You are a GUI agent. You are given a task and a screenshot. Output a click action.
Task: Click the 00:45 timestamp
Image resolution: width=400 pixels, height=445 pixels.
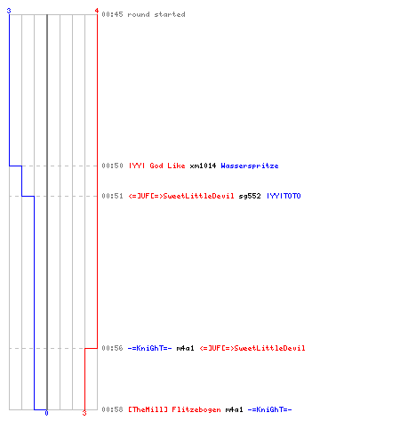112,14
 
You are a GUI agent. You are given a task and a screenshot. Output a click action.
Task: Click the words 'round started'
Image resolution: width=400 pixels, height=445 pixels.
156,14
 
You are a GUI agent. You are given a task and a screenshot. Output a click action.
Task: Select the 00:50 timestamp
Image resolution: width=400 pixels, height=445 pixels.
112,166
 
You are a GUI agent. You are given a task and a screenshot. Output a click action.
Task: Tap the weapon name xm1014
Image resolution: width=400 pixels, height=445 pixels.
203,166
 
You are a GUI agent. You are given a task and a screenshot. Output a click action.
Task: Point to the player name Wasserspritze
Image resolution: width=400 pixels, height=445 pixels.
250,166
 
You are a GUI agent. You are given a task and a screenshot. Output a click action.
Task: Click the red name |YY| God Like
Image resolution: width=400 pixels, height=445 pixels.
156,166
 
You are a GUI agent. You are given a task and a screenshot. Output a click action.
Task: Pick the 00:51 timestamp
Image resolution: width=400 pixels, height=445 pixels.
112,196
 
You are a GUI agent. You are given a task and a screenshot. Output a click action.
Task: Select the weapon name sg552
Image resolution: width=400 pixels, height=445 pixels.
250,196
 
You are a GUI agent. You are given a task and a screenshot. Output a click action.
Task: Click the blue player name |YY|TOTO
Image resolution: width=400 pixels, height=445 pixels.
284,196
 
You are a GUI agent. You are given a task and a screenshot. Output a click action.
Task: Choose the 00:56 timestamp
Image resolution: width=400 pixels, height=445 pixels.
112,348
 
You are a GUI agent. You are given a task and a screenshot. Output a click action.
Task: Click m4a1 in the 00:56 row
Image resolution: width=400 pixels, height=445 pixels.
185,348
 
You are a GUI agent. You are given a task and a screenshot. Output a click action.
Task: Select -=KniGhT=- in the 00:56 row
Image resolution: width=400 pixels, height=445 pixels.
149,348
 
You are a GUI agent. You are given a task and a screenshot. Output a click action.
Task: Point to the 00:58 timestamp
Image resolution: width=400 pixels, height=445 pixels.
112,409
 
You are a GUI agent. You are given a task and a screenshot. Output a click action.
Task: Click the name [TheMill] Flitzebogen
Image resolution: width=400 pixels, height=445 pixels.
174,409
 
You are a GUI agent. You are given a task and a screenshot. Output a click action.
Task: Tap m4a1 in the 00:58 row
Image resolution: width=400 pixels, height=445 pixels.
234,409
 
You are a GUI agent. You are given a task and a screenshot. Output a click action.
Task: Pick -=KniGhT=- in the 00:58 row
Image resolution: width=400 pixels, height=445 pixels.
269,409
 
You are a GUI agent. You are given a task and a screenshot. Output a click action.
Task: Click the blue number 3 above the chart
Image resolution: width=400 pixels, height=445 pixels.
9,11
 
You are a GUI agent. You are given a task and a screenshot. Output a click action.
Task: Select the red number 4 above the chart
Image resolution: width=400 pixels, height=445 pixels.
97,11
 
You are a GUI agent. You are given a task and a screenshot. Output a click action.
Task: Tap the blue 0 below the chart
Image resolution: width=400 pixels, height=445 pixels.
46,413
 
